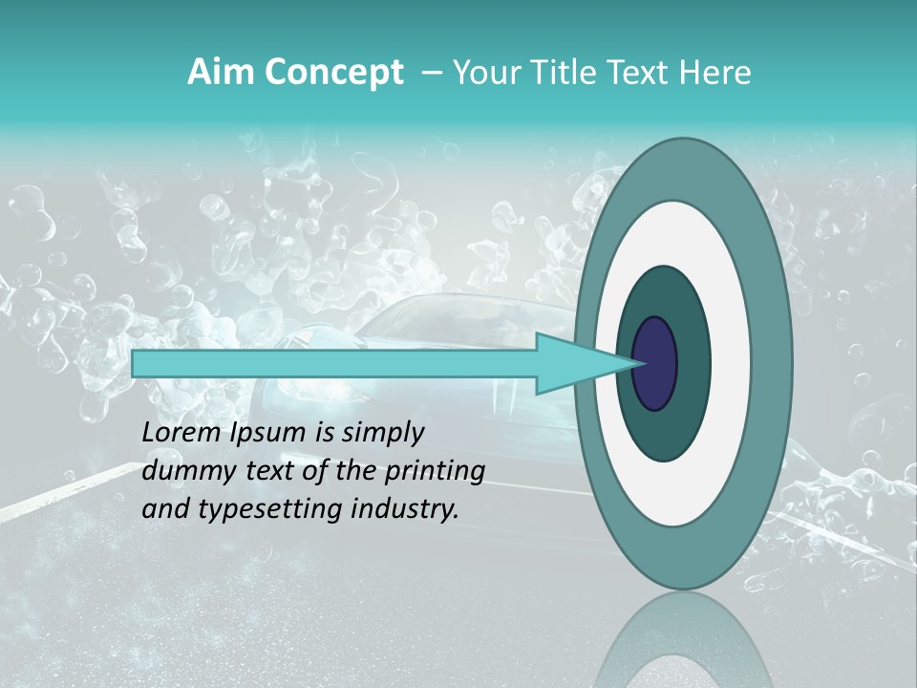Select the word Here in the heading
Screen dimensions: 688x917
click(717, 73)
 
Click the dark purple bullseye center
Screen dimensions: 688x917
click(655, 363)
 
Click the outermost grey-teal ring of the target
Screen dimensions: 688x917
click(769, 363)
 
